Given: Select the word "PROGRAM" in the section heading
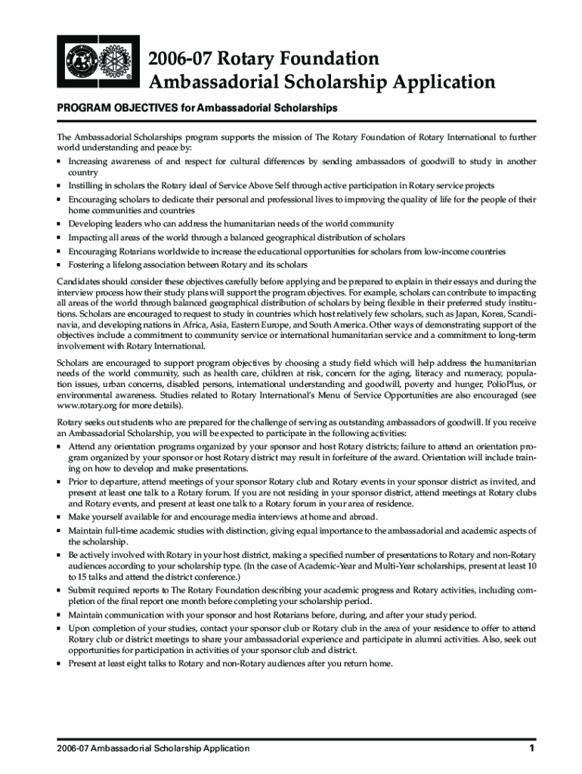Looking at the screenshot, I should [79, 109].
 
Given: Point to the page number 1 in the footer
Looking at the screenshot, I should [532, 749].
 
